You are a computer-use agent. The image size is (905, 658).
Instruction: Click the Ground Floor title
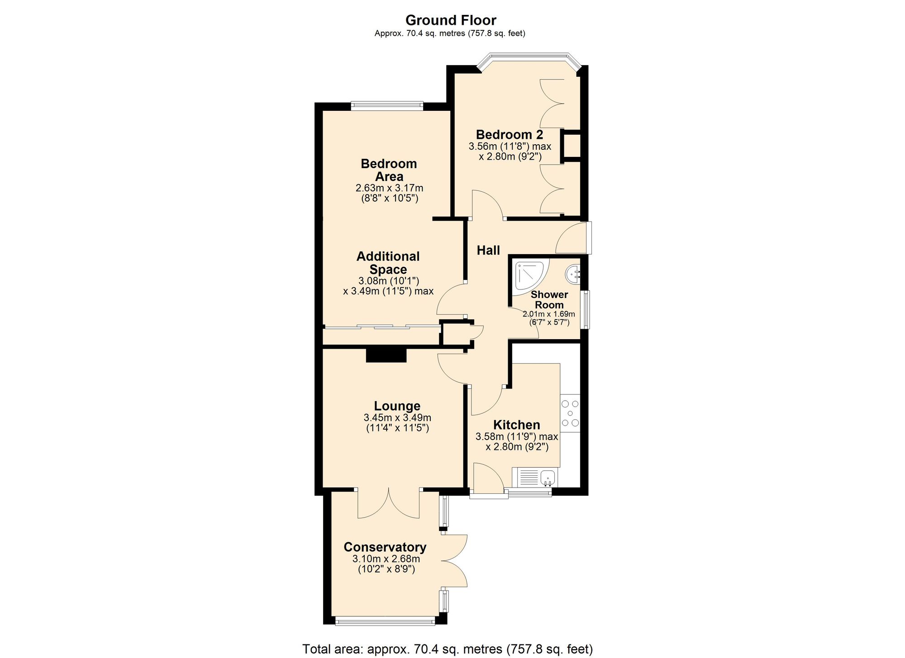tap(451, 20)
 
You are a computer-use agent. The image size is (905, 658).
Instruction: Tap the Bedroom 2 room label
tap(509, 135)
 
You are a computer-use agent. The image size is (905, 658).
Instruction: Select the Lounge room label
tap(397, 406)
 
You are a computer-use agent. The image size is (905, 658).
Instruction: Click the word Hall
tap(488, 251)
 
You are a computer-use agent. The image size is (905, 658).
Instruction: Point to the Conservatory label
tap(385, 547)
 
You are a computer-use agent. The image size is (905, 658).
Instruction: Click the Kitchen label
tap(516, 425)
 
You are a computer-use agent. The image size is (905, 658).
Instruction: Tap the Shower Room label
tap(549, 300)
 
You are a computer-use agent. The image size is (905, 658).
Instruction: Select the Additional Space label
tap(388, 263)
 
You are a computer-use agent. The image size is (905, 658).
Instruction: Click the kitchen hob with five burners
tap(570, 413)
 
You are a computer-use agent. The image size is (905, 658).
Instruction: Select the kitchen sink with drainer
tap(535, 478)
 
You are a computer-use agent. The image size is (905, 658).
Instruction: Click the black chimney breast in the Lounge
tap(386, 355)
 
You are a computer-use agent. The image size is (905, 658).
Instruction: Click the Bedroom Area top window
tap(387, 106)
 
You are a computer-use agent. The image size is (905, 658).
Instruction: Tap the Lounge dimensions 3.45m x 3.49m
tap(397, 418)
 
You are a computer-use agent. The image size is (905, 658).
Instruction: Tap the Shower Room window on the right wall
tap(586, 309)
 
